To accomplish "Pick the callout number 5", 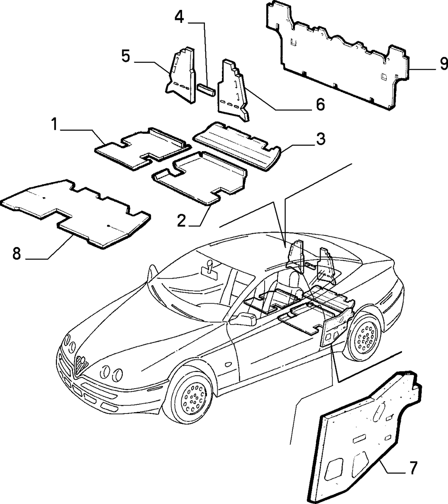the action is [x=126, y=56].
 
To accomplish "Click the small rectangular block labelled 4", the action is [x=206, y=90].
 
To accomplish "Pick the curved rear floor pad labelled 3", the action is [x=237, y=146].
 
